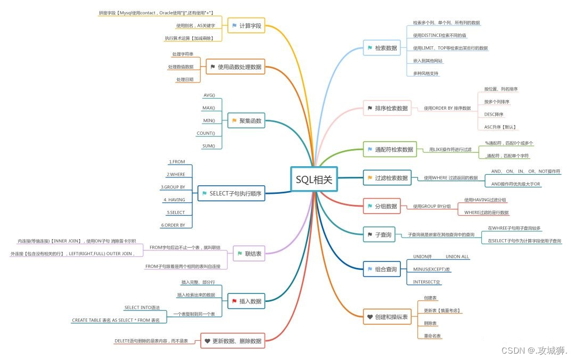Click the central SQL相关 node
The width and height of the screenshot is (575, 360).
314,180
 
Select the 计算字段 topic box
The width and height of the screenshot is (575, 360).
246,26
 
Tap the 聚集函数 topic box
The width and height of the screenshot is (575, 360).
246,121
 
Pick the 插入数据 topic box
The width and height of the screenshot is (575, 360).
246,301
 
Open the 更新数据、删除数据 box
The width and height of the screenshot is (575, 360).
233,341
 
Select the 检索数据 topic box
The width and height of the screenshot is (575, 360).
382,48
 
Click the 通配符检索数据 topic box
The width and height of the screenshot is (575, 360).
390,150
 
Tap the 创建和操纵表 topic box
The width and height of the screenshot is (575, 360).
387,317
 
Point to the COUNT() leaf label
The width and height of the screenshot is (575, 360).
206,133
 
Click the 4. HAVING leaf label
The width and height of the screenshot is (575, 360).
174,200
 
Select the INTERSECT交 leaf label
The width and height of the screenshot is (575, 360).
427,282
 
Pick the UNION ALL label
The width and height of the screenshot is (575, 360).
457,257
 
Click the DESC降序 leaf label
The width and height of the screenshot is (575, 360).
494,114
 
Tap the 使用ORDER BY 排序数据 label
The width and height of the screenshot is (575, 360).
447,108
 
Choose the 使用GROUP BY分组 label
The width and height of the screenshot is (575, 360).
432,206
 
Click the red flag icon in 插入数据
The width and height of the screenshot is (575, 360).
234,301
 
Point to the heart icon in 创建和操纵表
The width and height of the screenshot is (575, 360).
370,317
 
